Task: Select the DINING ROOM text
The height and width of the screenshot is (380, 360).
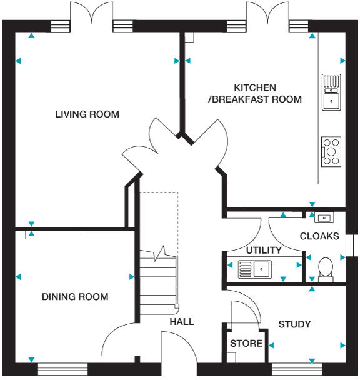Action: (75, 297)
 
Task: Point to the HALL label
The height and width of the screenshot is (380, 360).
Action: (182, 322)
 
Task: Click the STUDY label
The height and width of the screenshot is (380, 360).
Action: (294, 324)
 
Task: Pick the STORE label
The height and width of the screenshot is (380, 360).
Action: (246, 344)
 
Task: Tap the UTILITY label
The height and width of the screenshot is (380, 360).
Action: (263, 251)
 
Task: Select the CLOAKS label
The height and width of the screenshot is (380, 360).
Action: (319, 237)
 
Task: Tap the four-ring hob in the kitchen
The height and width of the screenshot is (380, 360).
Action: (331, 151)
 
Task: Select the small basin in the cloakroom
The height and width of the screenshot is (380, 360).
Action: (324, 218)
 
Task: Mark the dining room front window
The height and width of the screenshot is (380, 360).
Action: (63, 369)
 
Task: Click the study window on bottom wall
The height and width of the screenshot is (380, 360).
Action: (297, 369)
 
